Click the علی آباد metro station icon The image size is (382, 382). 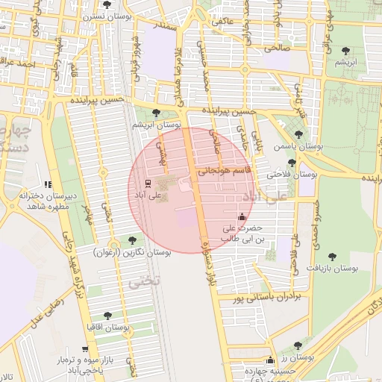(x=147, y=183)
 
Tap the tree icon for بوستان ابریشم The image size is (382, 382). (x=156, y=113)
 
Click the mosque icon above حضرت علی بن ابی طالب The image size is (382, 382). (x=242, y=216)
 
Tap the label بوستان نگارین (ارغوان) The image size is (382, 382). (x=134, y=253)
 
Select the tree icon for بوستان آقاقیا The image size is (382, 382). (x=107, y=316)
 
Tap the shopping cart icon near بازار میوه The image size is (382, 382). (x=85, y=349)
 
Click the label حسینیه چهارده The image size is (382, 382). (x=272, y=371)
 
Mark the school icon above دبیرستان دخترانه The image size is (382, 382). (x=48, y=184)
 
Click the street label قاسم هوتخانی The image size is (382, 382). (x=229, y=170)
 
